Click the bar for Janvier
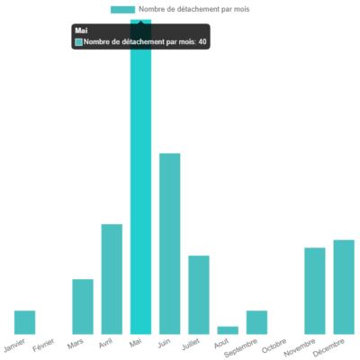pos(25,322)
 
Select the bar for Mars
pos(83,307)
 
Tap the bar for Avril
pos(112,279)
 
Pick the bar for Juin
pos(170,244)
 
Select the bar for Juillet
pos(199,294)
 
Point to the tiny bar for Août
pos(229,330)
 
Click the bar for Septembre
pos(257,322)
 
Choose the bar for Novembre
pos(315,291)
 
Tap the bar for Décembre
pos(344,286)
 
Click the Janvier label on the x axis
pos(15,346)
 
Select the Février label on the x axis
pos(44,346)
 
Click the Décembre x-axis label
pos(329,348)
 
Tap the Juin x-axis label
pos(164,343)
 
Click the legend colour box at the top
pos(122,9)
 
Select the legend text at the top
pos(193,9)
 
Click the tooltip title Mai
pos(81,31)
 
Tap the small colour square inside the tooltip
pos(78,41)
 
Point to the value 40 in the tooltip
pos(202,41)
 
